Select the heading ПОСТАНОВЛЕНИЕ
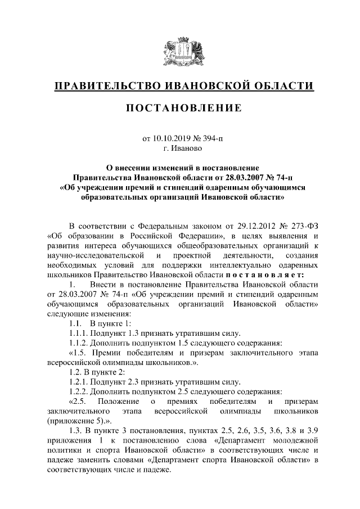pyautogui.click(x=183, y=108)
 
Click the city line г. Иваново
pyautogui.click(x=183, y=148)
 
